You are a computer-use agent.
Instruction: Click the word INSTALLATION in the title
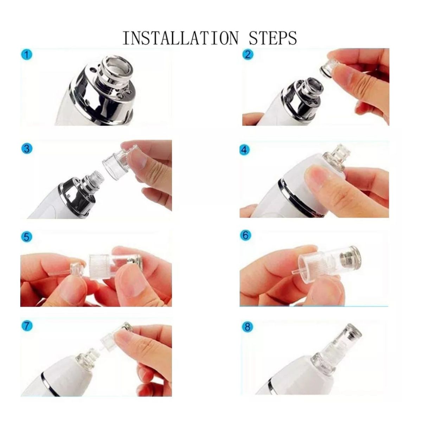[180, 38]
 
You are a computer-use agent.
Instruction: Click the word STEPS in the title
[273, 38]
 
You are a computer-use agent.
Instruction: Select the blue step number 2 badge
[248, 55]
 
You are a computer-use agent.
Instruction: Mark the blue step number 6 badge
[245, 235]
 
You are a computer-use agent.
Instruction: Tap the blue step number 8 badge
[248, 327]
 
